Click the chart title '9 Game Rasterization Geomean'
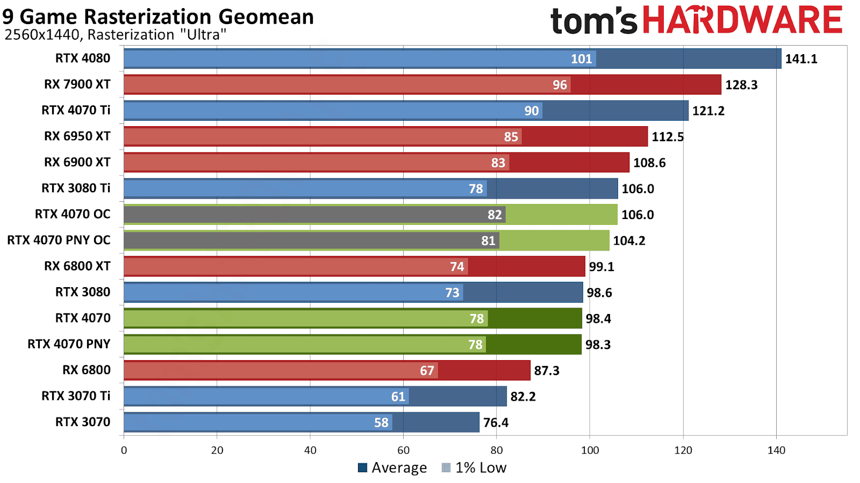tap(158, 17)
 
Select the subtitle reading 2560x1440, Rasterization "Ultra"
tap(115, 35)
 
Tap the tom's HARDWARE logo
tap(696, 20)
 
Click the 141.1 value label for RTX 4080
tap(801, 59)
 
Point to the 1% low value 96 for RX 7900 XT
tap(560, 85)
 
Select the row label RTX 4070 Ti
tap(76, 110)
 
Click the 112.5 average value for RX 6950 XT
tap(668, 137)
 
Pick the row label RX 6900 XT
tap(77, 162)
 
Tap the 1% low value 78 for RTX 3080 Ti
tap(476, 189)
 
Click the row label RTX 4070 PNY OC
tap(59, 240)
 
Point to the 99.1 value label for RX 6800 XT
tap(601, 267)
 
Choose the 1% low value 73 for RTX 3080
tap(452, 292)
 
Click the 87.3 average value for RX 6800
tap(547, 371)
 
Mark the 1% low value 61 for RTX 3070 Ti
tap(398, 397)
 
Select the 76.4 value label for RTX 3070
tap(496, 423)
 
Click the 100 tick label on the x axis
tap(590, 450)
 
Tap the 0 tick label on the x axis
tap(124, 450)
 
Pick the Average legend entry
tap(392, 468)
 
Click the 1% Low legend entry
tap(474, 468)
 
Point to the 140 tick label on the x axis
tap(776, 450)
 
